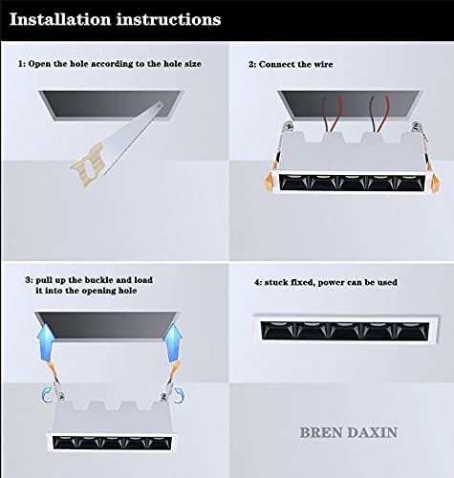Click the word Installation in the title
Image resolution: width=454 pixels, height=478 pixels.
coord(60,19)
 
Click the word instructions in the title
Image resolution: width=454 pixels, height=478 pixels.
coord(168,19)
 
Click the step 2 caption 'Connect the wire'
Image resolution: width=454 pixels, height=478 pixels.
coord(295,64)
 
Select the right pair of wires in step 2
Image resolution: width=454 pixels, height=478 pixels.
coord(379,114)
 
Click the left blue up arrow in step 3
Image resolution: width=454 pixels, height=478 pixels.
coord(45,341)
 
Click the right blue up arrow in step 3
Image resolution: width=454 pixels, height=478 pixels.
coord(174,342)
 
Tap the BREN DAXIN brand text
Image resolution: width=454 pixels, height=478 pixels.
coord(348,432)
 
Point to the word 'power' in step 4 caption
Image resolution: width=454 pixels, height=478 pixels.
coord(332,283)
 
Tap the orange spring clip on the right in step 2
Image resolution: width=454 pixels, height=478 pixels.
coord(434,183)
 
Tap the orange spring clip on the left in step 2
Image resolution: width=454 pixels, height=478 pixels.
coord(270,182)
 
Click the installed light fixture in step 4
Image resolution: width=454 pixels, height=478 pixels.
coord(346,330)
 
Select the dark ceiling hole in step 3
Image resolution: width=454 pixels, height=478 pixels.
coord(107,326)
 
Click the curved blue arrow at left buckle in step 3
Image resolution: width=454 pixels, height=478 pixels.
coord(47,396)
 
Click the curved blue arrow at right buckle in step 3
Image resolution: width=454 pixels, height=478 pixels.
coord(178,395)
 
